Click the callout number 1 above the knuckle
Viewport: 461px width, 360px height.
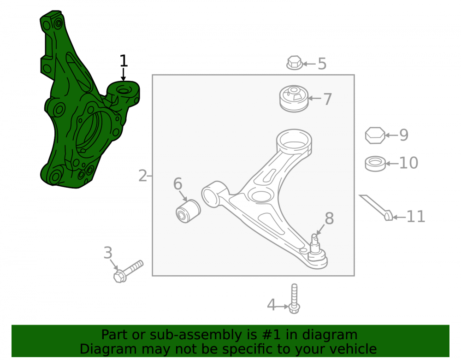[124, 61]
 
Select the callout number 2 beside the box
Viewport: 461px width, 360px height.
[142, 176]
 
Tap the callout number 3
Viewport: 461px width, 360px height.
[108, 253]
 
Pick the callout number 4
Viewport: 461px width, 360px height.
[271, 305]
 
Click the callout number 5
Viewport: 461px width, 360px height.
[322, 64]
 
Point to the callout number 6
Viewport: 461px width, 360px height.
[177, 183]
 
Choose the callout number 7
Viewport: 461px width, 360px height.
[327, 99]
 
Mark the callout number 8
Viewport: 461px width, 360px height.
[329, 218]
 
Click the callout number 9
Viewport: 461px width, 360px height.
[404, 135]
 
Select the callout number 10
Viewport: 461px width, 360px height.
[408, 163]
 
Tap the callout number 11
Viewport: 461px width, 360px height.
[416, 217]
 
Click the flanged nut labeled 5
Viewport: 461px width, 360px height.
[294, 63]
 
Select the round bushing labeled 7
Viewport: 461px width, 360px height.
[294, 99]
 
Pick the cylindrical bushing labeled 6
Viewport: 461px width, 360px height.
[188, 211]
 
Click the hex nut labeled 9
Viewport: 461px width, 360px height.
[375, 135]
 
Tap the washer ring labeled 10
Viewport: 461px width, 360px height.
[375, 164]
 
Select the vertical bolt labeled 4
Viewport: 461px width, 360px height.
[294, 299]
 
